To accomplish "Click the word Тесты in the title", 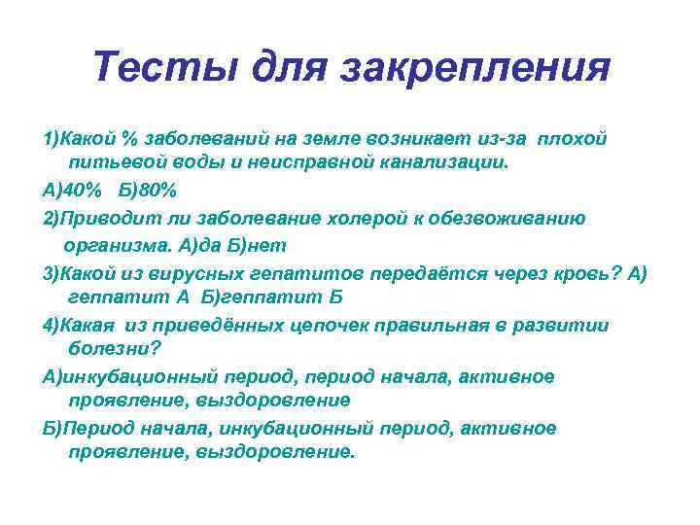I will coord(167,68).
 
